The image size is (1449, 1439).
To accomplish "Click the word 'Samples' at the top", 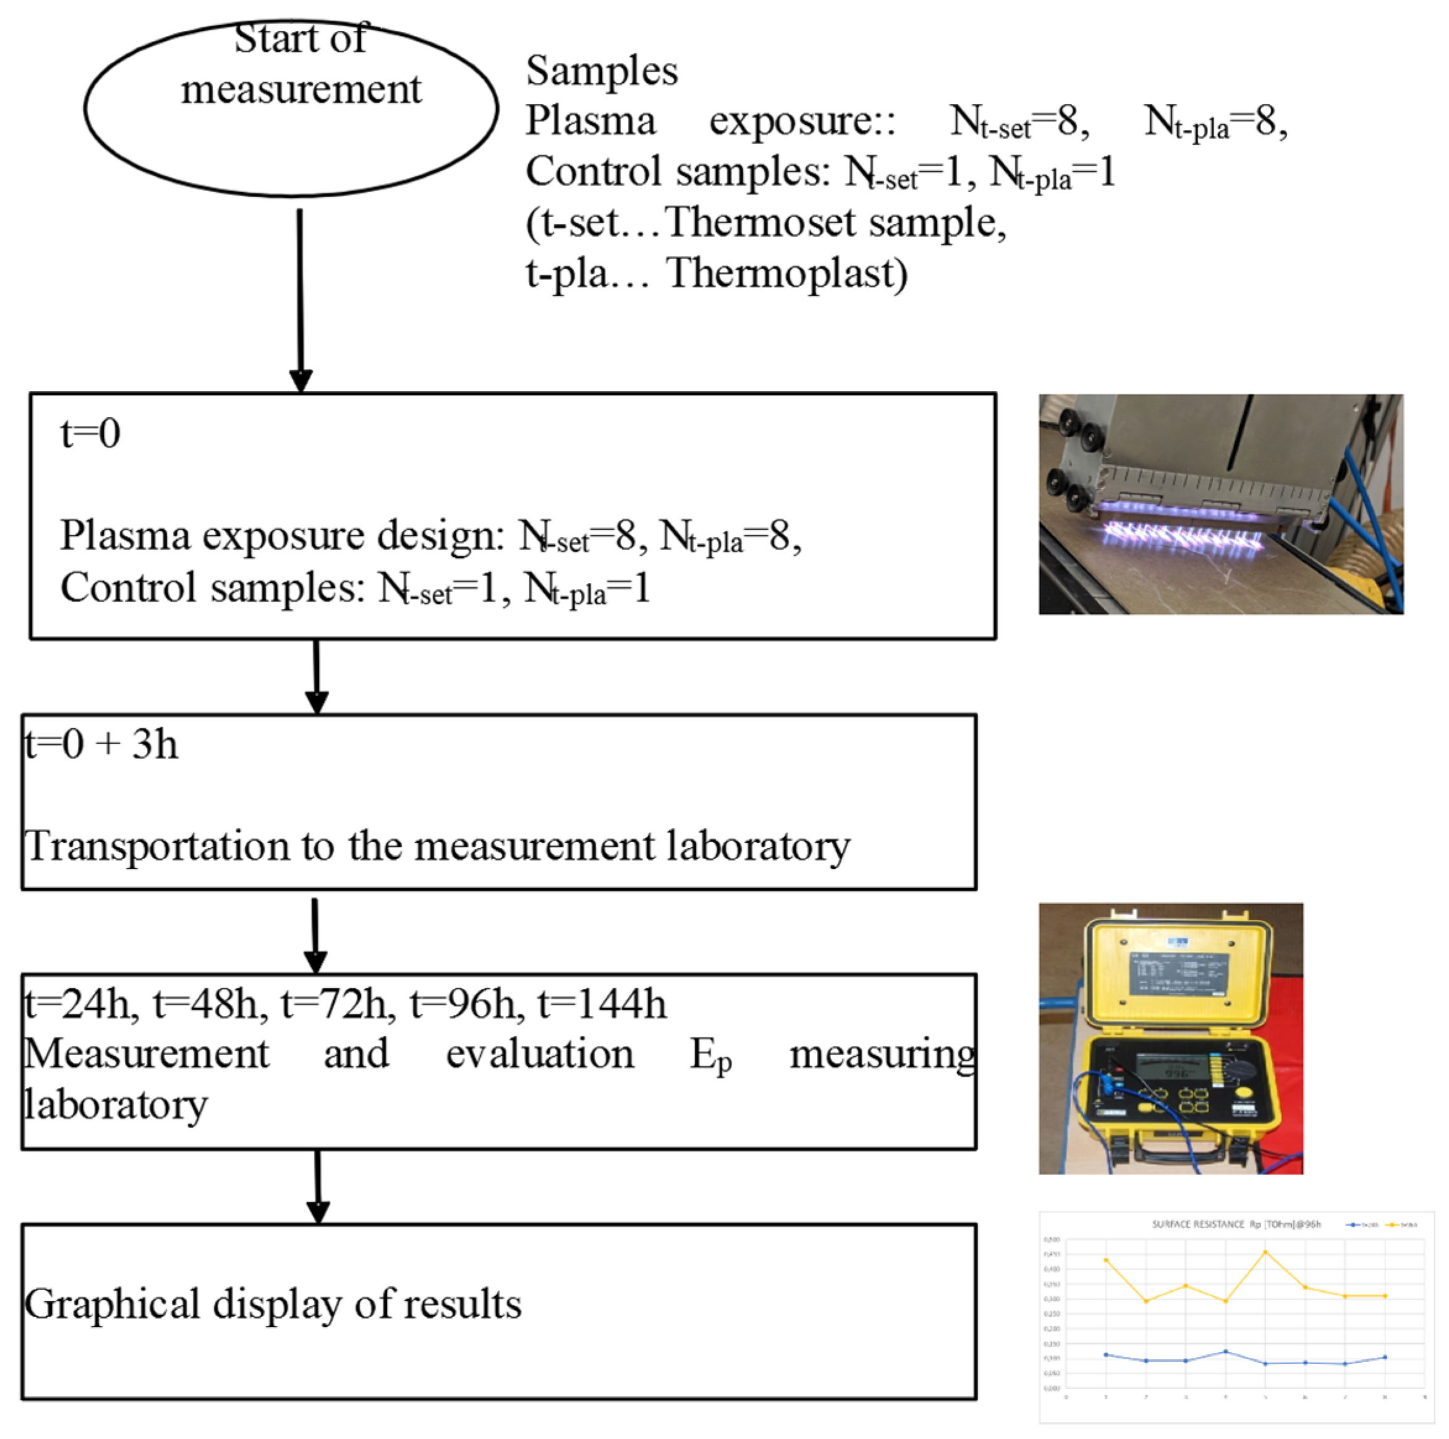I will coord(601,71).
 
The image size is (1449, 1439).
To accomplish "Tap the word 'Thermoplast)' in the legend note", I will coord(787,273).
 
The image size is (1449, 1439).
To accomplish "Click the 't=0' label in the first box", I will coord(90,434).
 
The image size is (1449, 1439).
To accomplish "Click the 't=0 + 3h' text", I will coord(101,744).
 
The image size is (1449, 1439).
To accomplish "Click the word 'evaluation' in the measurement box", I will coord(540,1054).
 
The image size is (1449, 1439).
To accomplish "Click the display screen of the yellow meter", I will coord(1170,1066).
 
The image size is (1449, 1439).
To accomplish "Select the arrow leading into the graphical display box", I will coord(318,1186).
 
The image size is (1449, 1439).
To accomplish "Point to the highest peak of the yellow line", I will coord(1265,1252).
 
